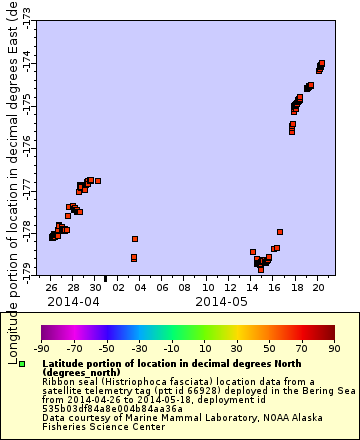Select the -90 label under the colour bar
(x=41, y=349)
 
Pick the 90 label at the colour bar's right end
(x=334, y=349)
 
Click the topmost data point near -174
(x=321, y=63)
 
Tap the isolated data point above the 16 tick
(x=280, y=232)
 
